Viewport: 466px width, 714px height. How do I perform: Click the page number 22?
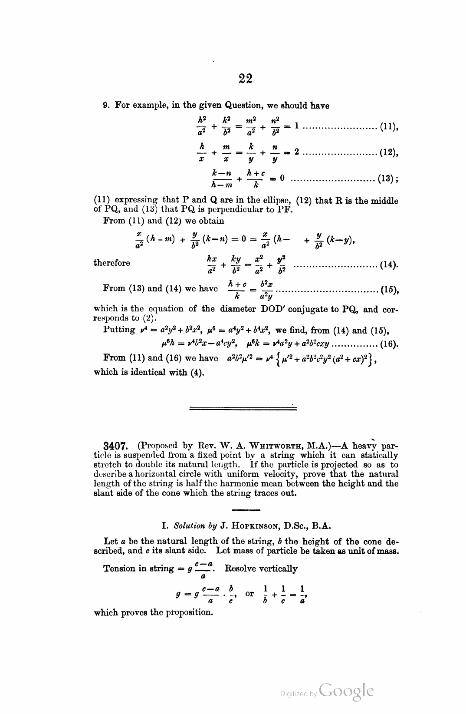pos(245,79)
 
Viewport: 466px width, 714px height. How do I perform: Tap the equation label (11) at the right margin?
pos(388,127)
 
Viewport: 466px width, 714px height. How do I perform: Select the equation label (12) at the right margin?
pos(388,153)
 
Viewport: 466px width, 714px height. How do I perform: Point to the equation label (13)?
pos(387,178)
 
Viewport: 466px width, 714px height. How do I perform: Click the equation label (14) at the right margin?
pos(388,264)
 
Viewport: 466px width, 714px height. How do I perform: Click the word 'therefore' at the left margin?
pos(112,263)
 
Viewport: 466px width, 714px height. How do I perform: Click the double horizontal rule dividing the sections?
pos(243,408)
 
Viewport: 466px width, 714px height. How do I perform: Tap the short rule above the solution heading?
pos(246,509)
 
